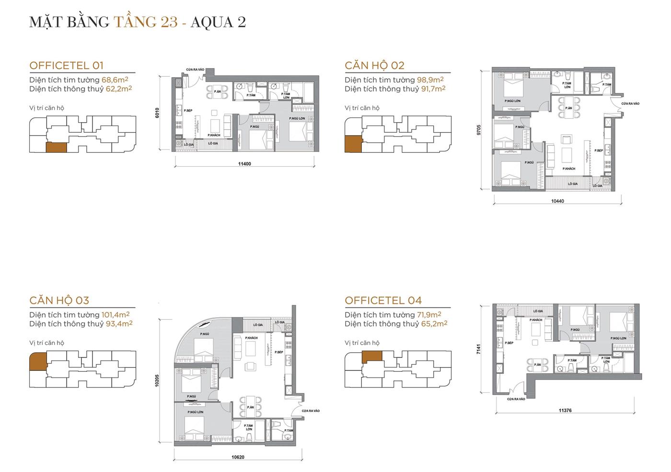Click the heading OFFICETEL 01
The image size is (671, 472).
[66, 65]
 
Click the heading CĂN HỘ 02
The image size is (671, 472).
[374, 65]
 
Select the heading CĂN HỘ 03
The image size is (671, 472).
[59, 300]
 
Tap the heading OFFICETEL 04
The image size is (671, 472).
[383, 300]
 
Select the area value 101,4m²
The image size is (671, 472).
[116, 315]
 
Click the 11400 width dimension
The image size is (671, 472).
[244, 164]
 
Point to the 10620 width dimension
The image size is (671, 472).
[238, 457]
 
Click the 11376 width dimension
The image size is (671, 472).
[565, 411]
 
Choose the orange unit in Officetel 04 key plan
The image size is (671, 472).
[371, 357]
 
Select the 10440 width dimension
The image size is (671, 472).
[557, 201]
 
